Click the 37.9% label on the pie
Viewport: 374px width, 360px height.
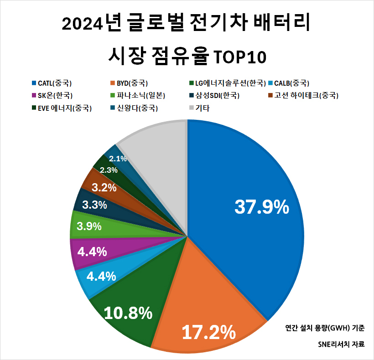coord(262,207)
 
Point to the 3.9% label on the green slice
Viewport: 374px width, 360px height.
coord(89,226)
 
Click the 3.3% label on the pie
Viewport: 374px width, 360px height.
coord(94,205)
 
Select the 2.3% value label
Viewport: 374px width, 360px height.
coord(109,170)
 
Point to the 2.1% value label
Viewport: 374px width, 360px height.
coord(118,159)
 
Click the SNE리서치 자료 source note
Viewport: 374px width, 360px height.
coord(342,345)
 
